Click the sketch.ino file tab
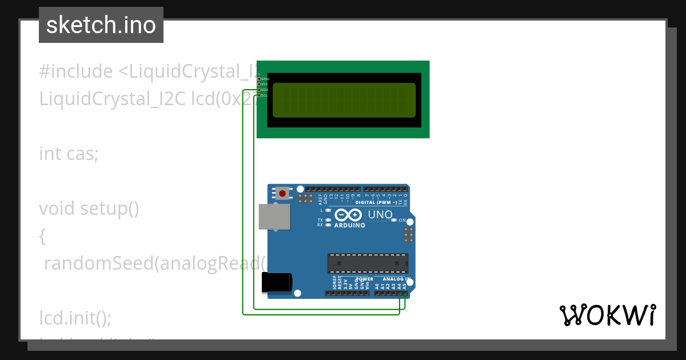tap(101, 25)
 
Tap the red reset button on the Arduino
tap(282, 193)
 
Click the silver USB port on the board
tap(274, 217)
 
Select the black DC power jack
tap(277, 283)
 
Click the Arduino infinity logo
tap(348, 215)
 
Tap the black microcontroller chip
tap(368, 263)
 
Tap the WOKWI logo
tap(607, 315)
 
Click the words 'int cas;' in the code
tap(69, 154)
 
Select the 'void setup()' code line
tap(89, 209)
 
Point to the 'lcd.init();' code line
tap(75, 317)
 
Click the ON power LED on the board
tap(394, 220)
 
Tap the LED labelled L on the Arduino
tap(328, 210)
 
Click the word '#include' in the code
tap(76, 71)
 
